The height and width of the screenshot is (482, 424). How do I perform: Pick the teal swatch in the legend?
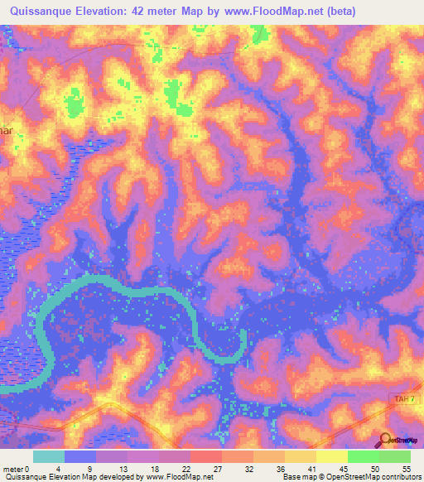coord(49,456)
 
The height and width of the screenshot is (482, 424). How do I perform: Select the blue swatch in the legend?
coord(80,456)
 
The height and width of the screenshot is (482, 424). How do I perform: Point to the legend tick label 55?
coord(405,468)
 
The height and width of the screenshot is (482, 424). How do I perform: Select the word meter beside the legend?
coord(12,468)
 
